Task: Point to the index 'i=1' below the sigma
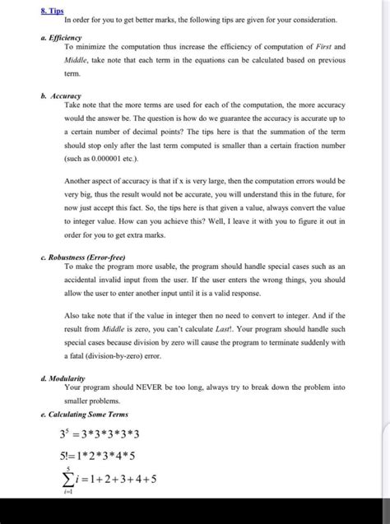[x=77, y=494]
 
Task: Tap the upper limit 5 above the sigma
[x=78, y=463]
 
